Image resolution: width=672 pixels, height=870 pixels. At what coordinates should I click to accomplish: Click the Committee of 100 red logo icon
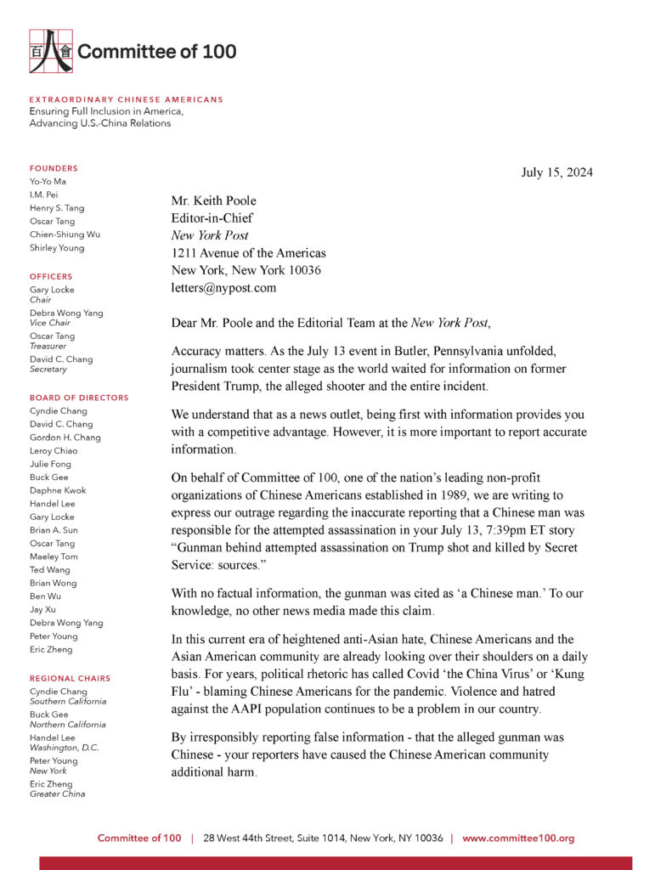pyautogui.click(x=50, y=51)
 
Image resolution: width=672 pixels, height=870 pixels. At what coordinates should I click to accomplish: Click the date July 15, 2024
pyautogui.click(x=556, y=173)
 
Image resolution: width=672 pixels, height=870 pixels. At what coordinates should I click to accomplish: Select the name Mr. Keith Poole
pyautogui.click(x=213, y=201)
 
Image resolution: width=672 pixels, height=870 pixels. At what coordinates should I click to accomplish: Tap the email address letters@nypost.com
pyautogui.click(x=223, y=288)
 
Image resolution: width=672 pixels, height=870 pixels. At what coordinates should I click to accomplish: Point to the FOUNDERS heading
pyautogui.click(x=54, y=168)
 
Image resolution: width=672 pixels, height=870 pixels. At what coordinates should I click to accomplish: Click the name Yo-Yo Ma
pyautogui.click(x=48, y=182)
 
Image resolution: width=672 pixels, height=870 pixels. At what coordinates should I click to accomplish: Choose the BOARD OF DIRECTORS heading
pyautogui.click(x=79, y=398)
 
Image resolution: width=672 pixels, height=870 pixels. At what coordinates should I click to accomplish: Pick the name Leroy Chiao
pyautogui.click(x=53, y=450)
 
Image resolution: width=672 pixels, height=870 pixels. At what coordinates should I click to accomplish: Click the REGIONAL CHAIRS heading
pyautogui.click(x=70, y=678)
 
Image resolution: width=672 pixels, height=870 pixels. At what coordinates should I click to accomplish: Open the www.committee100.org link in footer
pyautogui.click(x=518, y=838)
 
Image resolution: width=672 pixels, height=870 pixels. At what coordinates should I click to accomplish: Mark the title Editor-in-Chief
pyautogui.click(x=212, y=218)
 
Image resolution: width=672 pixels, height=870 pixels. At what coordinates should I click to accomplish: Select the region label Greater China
pyautogui.click(x=57, y=794)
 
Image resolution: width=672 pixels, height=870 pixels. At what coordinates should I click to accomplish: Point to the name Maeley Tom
pyautogui.click(x=54, y=556)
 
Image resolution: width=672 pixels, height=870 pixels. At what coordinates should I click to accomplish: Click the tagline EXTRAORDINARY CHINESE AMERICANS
pyautogui.click(x=126, y=99)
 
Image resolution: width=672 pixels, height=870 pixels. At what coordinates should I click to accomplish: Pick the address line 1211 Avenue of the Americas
pyautogui.click(x=248, y=253)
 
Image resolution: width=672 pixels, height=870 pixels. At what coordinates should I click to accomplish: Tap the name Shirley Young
pyautogui.click(x=57, y=248)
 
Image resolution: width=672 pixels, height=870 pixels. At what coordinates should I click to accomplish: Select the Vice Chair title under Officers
pyautogui.click(x=50, y=323)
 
